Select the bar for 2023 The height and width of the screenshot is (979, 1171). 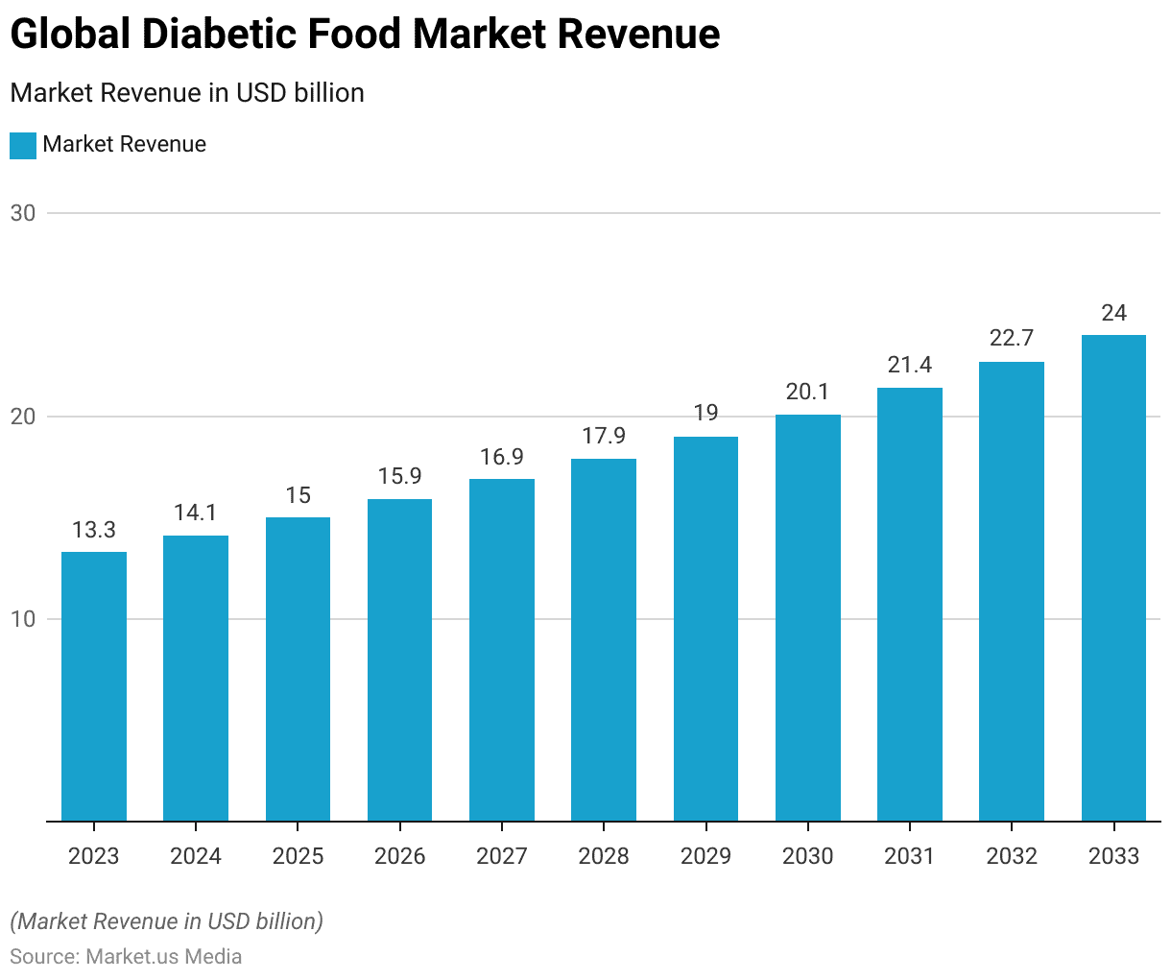pyautogui.click(x=94, y=686)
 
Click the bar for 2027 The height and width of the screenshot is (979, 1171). pyautogui.click(x=502, y=650)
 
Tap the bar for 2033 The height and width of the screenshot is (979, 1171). pyautogui.click(x=1113, y=578)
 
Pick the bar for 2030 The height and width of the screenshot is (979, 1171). pyautogui.click(x=808, y=617)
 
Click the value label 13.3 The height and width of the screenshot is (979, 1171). pyautogui.click(x=94, y=530)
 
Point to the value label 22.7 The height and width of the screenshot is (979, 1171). pyautogui.click(x=1012, y=338)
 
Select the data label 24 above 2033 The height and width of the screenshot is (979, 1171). pyautogui.click(x=1113, y=313)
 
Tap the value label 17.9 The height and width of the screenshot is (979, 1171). pyautogui.click(x=604, y=436)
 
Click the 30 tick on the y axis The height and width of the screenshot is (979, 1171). pyautogui.click(x=23, y=213)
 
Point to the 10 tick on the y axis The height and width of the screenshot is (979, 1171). pyautogui.click(x=23, y=619)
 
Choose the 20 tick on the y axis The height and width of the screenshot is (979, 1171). pyautogui.click(x=23, y=417)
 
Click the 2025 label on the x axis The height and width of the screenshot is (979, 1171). pyautogui.click(x=298, y=856)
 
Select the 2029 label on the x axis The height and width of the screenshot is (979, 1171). pyautogui.click(x=705, y=856)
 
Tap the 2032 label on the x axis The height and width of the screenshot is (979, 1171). pyautogui.click(x=1012, y=856)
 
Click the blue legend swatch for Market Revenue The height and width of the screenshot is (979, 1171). pyautogui.click(x=23, y=145)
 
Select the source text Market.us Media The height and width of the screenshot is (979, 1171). pyautogui.click(x=163, y=957)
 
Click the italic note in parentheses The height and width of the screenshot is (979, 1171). pyautogui.click(x=167, y=921)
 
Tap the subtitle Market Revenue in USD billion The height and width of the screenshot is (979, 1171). pyautogui.click(x=187, y=93)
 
